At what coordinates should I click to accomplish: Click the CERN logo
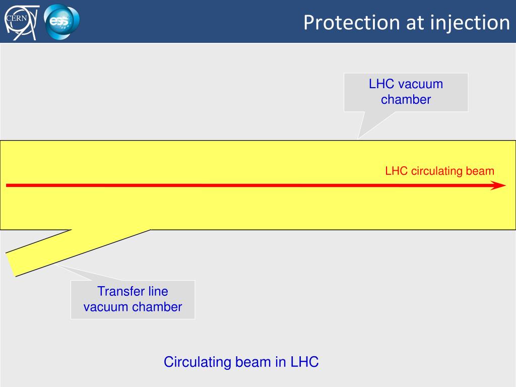(x=21, y=21)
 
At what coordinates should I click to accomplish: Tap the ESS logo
(x=62, y=21)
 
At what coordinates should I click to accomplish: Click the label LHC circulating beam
(x=439, y=171)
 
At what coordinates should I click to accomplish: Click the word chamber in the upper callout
(x=406, y=99)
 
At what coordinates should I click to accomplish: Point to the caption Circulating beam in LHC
(x=241, y=362)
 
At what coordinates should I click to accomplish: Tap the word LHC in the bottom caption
(x=304, y=362)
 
